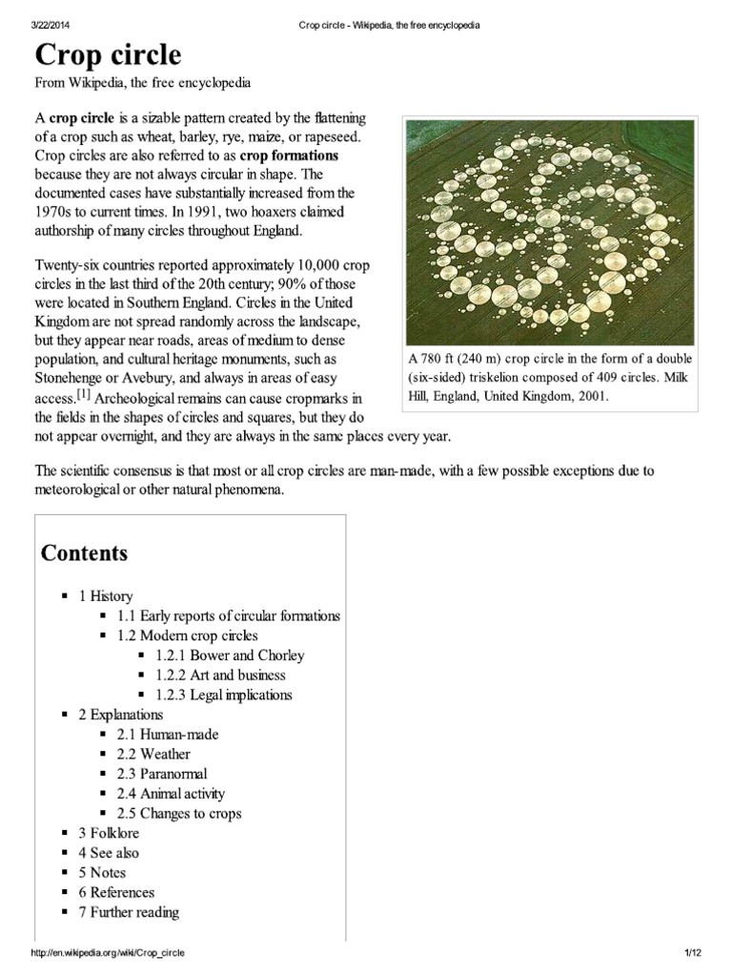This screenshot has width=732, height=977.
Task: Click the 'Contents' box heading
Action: coord(84,553)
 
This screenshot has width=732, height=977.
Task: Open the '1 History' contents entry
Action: coord(106,595)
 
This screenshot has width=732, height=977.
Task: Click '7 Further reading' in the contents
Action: coord(129,912)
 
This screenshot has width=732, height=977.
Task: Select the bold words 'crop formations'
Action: coord(290,156)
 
